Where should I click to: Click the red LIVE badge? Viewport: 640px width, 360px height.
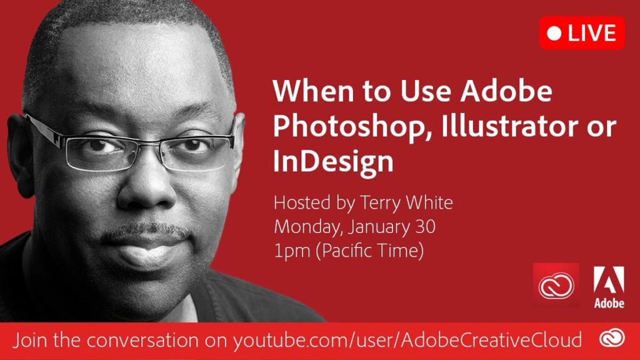pyautogui.click(x=582, y=33)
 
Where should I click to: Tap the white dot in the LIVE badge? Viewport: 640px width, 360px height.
pyautogui.click(x=554, y=34)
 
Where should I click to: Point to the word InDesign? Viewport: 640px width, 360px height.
pyautogui.click(x=333, y=162)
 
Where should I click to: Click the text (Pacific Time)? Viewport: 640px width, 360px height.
pyautogui.click(x=370, y=251)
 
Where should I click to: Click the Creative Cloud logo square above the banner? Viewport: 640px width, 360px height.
pyautogui.click(x=556, y=285)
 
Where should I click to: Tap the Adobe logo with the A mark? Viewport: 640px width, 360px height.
pyautogui.click(x=609, y=286)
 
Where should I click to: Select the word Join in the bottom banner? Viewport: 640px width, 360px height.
pyautogui.click(x=31, y=340)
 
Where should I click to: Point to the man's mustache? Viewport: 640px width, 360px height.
pyautogui.click(x=146, y=231)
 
